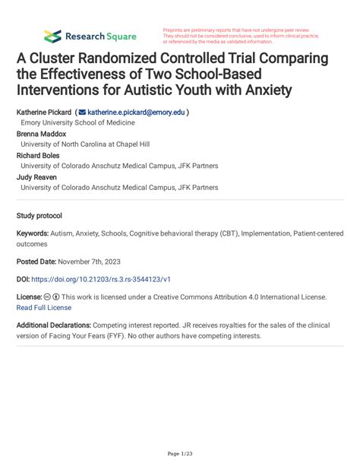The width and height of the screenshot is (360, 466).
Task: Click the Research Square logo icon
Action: point(52,36)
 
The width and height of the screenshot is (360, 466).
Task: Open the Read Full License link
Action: point(44,307)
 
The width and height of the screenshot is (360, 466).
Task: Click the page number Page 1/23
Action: point(180,454)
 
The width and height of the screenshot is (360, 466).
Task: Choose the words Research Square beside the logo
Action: point(101,36)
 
